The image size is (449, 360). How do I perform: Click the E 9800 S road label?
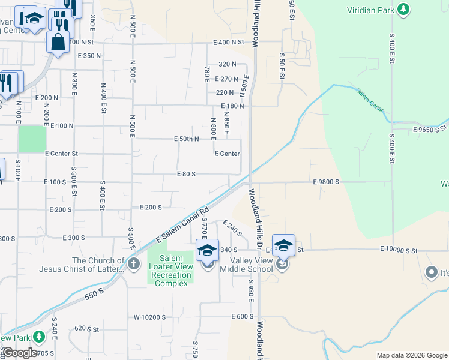pyautogui.click(x=326, y=181)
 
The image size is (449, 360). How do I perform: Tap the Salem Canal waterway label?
pyautogui.click(x=369, y=100)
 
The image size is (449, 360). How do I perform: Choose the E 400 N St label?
pyautogui.click(x=229, y=42)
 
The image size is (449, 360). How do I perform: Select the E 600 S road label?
pyautogui.click(x=243, y=316)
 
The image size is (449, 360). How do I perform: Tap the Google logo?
pyautogui.click(x=19, y=353)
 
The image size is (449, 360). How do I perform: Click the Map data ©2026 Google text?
pyautogui.click(x=412, y=355)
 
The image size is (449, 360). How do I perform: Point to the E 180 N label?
pyautogui.click(x=233, y=106)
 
